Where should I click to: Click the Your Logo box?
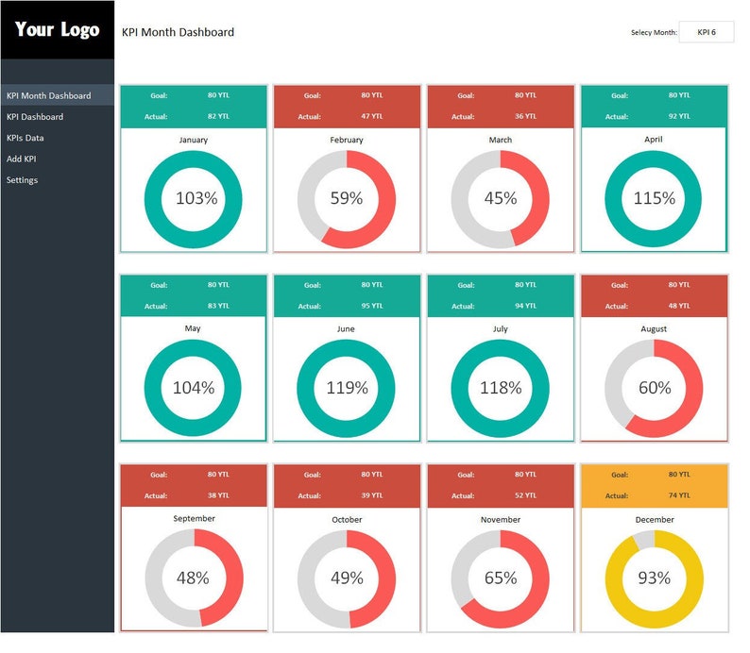pos(57,30)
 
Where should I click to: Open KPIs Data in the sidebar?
pos(26,138)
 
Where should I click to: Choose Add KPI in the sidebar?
pos(22,159)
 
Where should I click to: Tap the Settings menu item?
pos(23,179)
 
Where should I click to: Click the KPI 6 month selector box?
pos(706,32)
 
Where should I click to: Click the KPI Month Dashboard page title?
pos(178,32)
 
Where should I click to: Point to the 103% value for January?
pos(196,198)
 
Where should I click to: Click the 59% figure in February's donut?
pos(347,198)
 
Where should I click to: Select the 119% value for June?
pos(347,388)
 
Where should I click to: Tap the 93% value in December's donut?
pos(654,578)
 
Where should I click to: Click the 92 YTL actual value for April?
pos(678,117)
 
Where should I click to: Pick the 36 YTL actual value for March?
pos(525,117)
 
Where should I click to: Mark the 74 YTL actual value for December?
pos(678,495)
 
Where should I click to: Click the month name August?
pos(654,329)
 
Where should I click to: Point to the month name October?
pos(347,519)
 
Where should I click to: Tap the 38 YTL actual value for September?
pos(218,495)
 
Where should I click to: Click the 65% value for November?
pos(501,578)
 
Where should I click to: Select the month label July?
pos(501,329)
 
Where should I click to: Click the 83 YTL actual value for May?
pos(218,306)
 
